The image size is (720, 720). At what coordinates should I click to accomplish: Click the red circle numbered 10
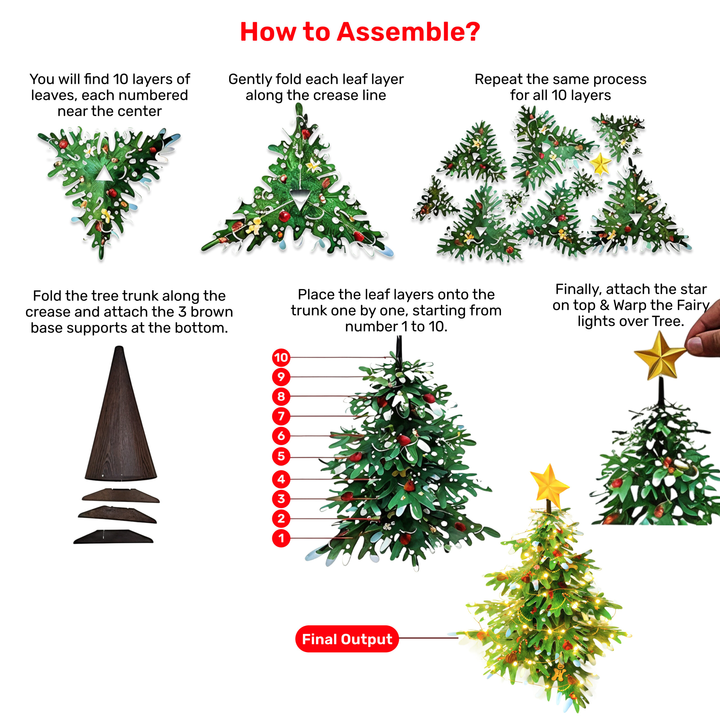[x=281, y=357]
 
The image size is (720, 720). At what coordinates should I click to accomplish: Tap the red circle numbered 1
[x=281, y=538]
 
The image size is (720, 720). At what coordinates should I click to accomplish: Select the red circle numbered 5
[x=281, y=456]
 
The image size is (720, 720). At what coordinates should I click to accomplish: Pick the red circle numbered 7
[x=281, y=416]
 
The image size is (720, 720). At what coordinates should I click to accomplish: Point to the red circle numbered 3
[x=281, y=499]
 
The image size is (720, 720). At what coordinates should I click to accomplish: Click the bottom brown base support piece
[x=113, y=536]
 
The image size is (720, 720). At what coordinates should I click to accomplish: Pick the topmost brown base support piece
[x=121, y=495]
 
